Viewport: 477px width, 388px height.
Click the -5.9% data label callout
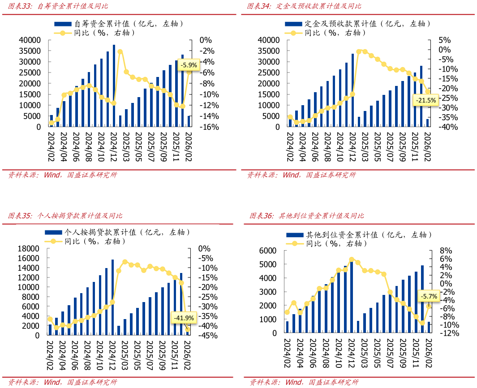click(x=188, y=65)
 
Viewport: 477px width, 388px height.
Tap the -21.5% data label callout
click(x=425, y=101)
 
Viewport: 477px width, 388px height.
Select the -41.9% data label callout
click(x=183, y=318)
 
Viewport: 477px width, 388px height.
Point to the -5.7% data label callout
click(x=429, y=296)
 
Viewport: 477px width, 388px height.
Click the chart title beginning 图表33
click(x=58, y=6)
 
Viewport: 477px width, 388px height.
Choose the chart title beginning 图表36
click(x=307, y=216)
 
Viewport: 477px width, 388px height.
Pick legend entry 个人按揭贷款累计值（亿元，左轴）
click(x=119, y=232)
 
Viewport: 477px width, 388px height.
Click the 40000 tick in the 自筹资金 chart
click(x=30, y=40)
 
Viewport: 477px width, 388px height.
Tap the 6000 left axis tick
click(x=268, y=251)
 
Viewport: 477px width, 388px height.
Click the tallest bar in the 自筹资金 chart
click(x=114, y=85)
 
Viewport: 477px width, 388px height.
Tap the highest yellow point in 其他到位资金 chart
click(x=352, y=260)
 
